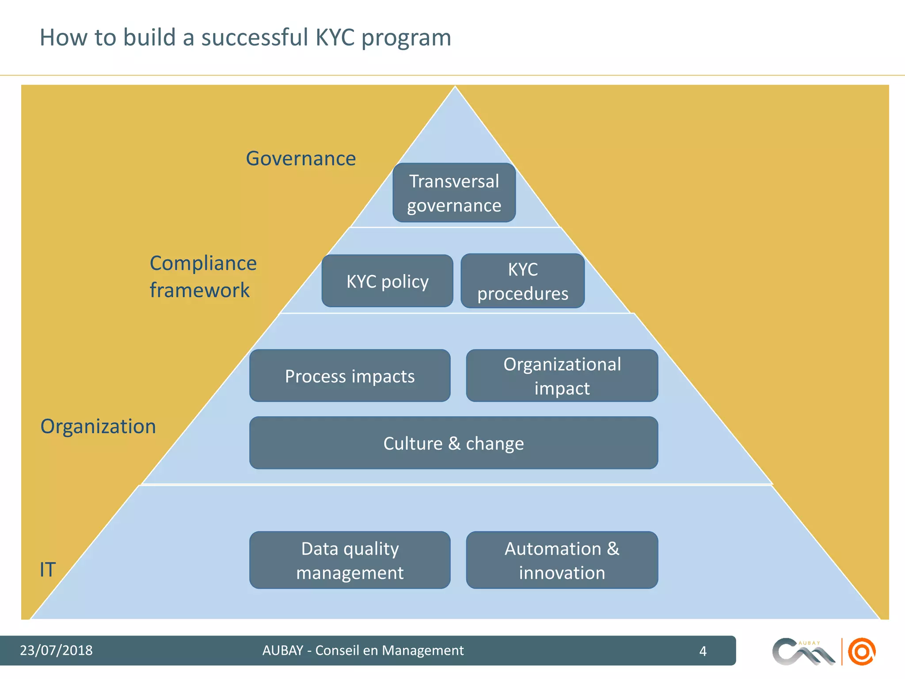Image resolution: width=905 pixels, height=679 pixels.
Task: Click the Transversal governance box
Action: [454, 193]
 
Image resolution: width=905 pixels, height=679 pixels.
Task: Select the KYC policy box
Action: [387, 281]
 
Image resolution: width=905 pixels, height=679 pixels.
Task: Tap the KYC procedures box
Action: [522, 281]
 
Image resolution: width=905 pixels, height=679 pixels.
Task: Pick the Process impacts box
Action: [350, 376]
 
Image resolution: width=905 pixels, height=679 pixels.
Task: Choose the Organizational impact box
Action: [562, 376]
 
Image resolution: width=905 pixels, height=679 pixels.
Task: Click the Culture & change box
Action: [453, 443]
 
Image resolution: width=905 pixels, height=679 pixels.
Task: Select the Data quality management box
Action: [350, 560]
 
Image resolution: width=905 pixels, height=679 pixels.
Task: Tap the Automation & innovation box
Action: [562, 560]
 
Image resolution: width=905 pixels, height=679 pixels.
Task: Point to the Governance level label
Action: [300, 158]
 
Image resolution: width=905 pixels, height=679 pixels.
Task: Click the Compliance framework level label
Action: [203, 277]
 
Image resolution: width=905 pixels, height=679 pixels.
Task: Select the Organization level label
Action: [98, 427]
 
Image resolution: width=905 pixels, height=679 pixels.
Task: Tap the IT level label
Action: [48, 569]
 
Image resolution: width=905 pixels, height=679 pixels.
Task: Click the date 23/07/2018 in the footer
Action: [56, 650]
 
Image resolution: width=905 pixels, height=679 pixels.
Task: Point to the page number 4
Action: [703, 651]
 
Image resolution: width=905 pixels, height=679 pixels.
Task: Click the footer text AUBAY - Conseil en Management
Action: [363, 650]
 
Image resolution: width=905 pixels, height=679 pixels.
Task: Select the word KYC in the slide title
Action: [335, 37]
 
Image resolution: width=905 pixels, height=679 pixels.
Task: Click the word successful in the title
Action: [255, 37]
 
